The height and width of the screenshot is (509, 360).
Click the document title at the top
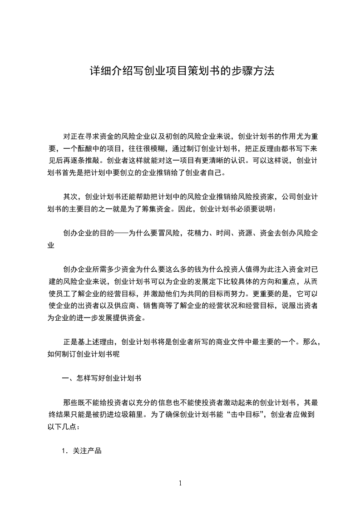point(180,72)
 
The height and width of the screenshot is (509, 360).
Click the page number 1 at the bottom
point(180,483)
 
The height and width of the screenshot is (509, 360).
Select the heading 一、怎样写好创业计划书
point(105,377)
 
